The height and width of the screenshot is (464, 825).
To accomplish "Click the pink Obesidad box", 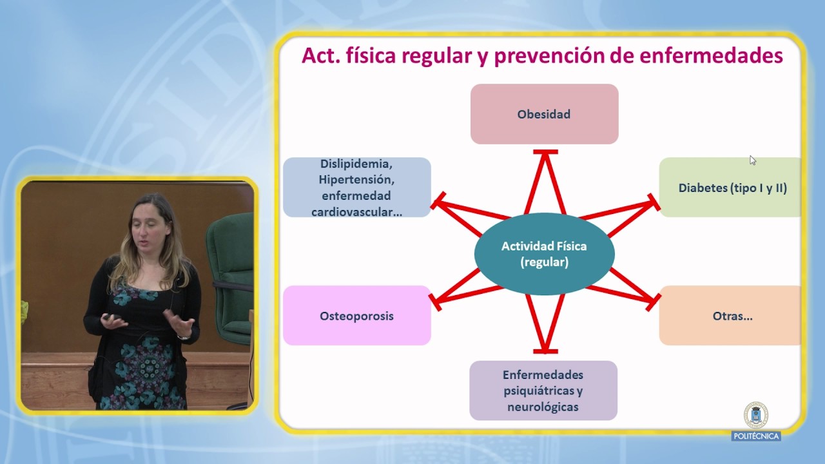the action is tap(545, 114).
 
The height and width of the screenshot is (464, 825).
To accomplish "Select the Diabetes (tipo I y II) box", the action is tap(730, 188).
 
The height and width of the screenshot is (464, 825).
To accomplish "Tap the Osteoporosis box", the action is tap(357, 316).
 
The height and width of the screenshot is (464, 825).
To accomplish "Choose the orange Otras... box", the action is tap(730, 316).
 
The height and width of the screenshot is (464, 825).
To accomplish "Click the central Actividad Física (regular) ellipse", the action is tap(545, 254).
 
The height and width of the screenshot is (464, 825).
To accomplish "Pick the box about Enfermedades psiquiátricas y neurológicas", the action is tap(543, 391).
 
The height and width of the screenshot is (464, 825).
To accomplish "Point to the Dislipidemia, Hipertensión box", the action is tap(357, 188).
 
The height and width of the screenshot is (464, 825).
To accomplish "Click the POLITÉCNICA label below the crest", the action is tap(756, 436).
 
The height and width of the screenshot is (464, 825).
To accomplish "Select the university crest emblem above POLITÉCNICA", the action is tap(756, 415).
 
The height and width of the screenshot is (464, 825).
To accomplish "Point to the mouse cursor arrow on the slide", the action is tap(752, 160).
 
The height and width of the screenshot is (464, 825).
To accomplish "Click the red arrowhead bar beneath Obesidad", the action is tap(545, 151).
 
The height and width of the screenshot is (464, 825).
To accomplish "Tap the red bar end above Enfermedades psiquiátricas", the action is tap(545, 352).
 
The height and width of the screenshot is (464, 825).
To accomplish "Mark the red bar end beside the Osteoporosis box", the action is tap(435, 302).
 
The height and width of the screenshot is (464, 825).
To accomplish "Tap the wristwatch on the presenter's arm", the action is tap(184, 337).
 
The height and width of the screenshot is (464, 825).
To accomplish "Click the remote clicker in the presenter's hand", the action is tap(112, 316).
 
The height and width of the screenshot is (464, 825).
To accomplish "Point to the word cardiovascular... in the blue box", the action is tap(357, 212).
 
